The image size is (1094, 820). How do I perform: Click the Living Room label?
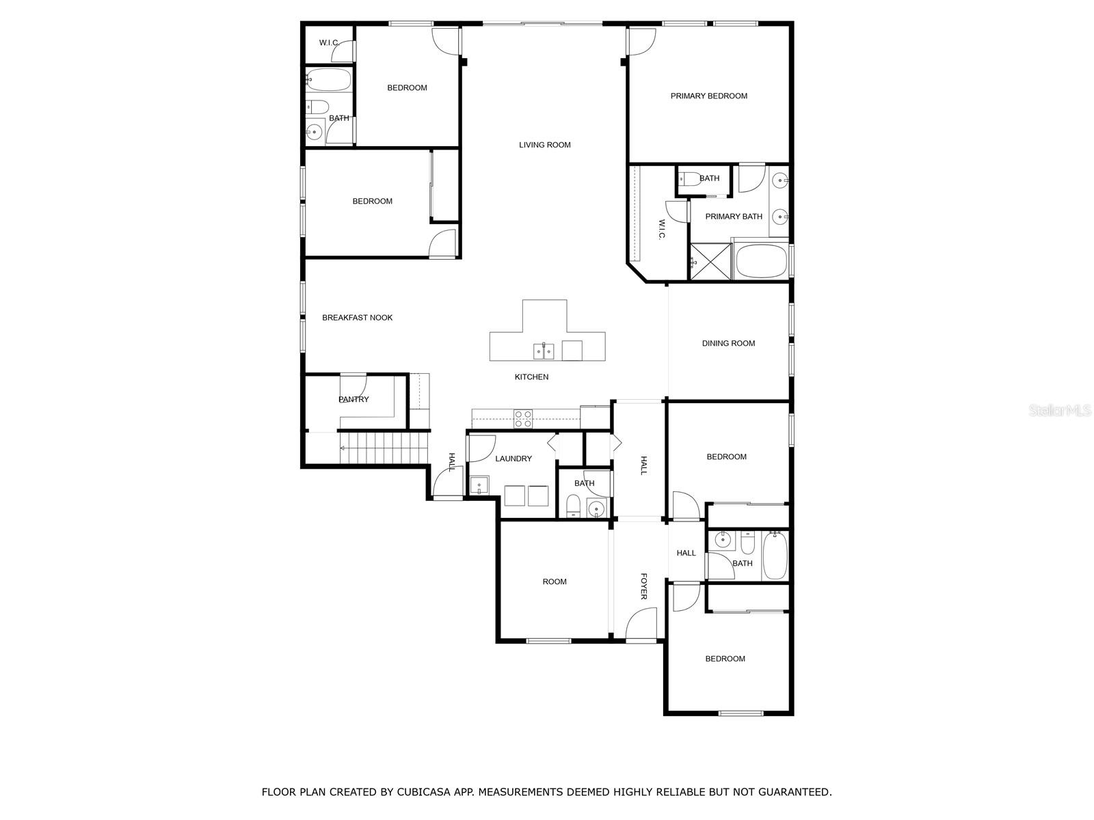(544, 145)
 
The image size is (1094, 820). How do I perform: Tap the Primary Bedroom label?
(708, 96)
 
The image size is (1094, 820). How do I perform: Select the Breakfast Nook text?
(357, 318)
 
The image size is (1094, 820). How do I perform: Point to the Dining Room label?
(728, 343)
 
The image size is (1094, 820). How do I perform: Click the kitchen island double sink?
(544, 351)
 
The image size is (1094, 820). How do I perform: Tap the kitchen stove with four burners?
(523, 419)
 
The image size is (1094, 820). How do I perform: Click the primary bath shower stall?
(710, 262)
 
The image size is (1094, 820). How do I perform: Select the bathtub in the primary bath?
(760, 262)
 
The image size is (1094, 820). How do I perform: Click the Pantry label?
(353, 399)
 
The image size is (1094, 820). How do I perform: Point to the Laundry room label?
(513, 459)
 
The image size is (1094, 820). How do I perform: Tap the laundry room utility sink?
(479, 485)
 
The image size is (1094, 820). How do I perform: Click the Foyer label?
(643, 586)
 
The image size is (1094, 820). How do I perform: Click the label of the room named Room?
(555, 582)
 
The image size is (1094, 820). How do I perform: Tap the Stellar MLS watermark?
(1060, 410)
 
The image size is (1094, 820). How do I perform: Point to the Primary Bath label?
(734, 217)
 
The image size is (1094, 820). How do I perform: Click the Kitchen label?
(531, 377)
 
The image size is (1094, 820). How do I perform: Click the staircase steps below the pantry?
(384, 448)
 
